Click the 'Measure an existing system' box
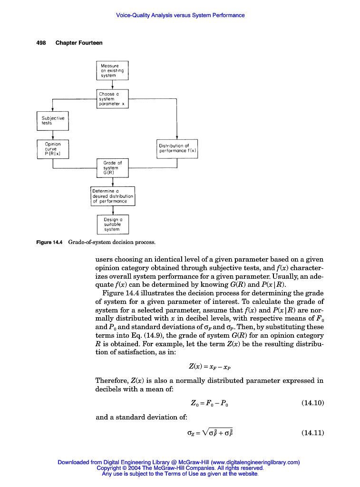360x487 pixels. (x=112, y=70)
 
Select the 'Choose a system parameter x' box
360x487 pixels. (x=112, y=99)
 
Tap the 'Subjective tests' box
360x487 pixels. (x=53, y=120)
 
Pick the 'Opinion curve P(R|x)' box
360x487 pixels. (x=53, y=148)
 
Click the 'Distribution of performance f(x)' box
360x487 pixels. (x=177, y=148)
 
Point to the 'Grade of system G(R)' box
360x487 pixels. (x=112, y=168)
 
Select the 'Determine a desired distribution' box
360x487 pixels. (x=113, y=196)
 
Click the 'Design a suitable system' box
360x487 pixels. (x=113, y=224)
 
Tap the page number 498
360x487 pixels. (x=41, y=43)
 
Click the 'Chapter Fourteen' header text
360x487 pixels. (x=79, y=43)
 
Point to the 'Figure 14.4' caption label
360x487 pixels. (x=50, y=243)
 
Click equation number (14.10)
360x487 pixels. (x=312, y=403)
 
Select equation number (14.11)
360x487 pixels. (x=312, y=433)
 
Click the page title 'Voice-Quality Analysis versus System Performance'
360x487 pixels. (x=180, y=15)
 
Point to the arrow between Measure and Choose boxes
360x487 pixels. (x=112, y=85)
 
